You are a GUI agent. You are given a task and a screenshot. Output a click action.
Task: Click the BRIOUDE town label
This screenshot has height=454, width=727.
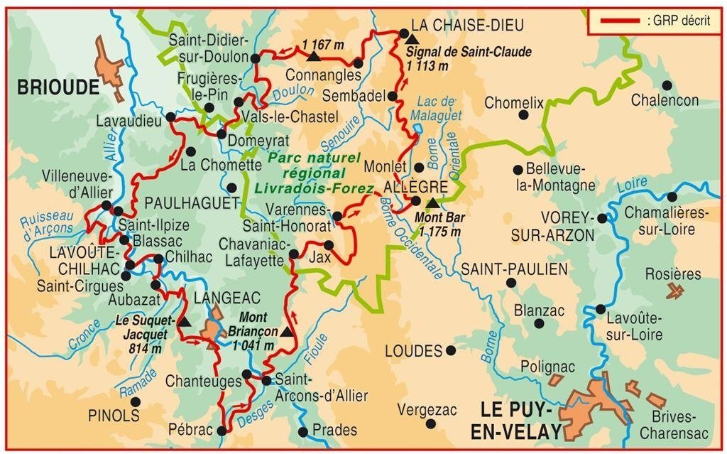58,87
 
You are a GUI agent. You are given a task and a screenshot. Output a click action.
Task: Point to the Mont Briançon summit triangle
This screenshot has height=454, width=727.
286,332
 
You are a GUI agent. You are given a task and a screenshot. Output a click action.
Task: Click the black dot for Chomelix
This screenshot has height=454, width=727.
524,114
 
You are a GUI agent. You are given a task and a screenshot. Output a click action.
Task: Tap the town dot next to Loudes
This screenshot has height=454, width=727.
451,350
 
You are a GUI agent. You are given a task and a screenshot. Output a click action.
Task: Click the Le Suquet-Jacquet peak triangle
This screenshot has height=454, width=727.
185,322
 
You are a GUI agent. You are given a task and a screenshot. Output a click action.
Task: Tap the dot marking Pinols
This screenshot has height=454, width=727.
136,401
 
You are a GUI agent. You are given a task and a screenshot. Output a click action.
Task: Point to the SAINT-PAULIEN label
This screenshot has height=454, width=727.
514,269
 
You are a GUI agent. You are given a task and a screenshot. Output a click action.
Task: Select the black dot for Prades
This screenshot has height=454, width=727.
303,431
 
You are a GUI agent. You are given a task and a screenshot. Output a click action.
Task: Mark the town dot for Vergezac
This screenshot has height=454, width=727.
430,423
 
